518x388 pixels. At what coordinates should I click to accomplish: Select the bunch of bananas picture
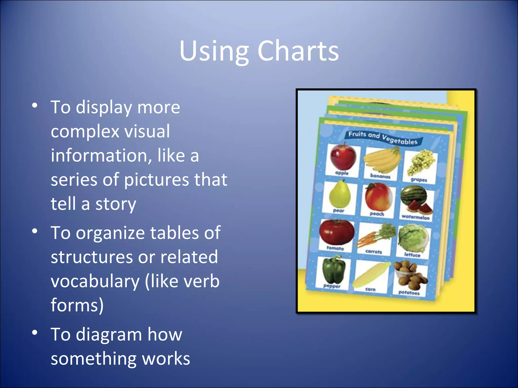pyautogui.click(x=382, y=160)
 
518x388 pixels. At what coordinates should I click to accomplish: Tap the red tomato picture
pyautogui.click(x=336, y=232)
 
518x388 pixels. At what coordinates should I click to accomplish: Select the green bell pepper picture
pyautogui.click(x=334, y=270)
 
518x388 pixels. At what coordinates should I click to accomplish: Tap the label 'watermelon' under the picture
pyautogui.click(x=415, y=217)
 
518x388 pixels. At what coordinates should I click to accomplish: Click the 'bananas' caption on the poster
pyautogui.click(x=380, y=176)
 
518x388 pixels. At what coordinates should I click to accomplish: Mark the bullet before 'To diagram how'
pyautogui.click(x=35, y=333)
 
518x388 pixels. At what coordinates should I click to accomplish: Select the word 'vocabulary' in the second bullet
pyautogui.click(x=95, y=281)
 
